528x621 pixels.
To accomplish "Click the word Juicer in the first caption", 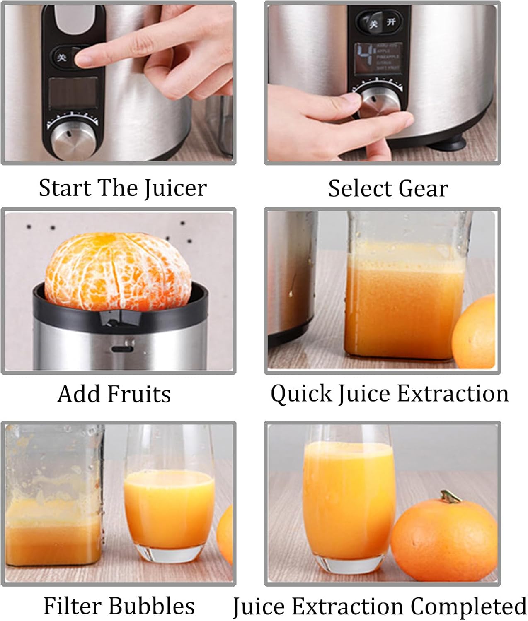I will tap(176, 189).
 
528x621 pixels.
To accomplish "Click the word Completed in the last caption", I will tap(468, 607).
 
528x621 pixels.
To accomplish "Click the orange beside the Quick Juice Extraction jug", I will tap(475, 331).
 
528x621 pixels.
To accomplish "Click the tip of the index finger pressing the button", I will tap(82, 58).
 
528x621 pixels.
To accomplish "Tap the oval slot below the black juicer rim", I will tap(122, 349).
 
